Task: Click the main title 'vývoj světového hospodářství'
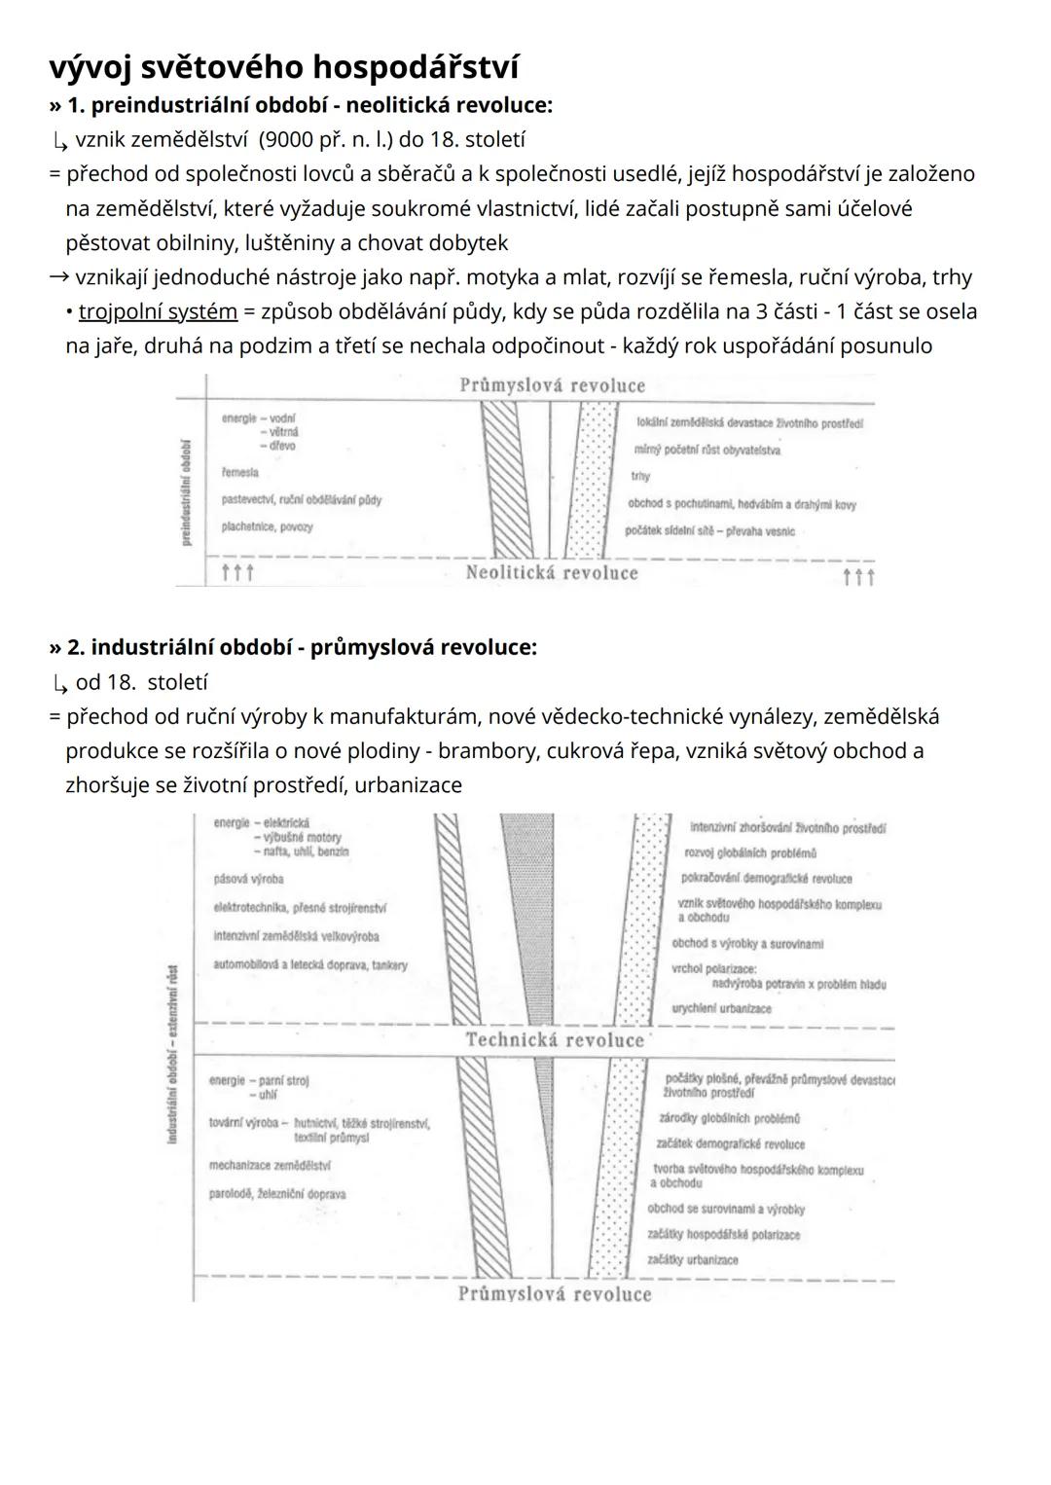click(284, 67)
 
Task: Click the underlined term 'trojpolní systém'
click(158, 311)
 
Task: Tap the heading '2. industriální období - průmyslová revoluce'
click(302, 647)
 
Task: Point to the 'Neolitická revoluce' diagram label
click(552, 573)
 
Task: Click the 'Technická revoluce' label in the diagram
click(555, 1040)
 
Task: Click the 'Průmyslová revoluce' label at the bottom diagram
click(555, 1294)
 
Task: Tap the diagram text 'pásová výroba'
click(248, 879)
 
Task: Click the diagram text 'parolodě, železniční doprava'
click(277, 1194)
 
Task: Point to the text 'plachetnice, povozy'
click(267, 527)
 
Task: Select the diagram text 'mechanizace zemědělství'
click(270, 1165)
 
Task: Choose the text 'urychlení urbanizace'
click(721, 1008)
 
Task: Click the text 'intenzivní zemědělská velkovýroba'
click(296, 936)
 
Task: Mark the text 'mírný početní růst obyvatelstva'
click(707, 451)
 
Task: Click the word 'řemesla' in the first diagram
click(239, 473)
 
